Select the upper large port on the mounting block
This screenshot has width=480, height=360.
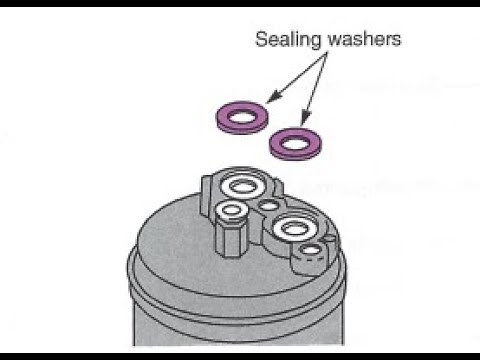pos(240,185)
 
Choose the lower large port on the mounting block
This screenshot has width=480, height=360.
pos(292,228)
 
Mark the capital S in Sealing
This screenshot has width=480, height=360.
pos(260,41)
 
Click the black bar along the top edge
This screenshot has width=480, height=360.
pos(240,3)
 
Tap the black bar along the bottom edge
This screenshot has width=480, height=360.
pos(240,356)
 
